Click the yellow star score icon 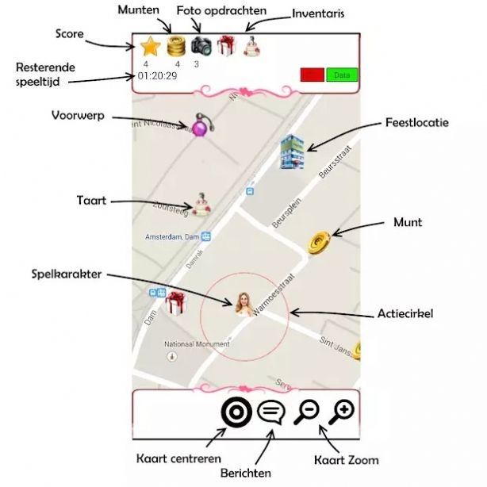pos(150,46)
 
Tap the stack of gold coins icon pos(176,46)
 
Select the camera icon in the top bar pos(201,46)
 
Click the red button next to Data pos(313,75)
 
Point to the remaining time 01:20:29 pos(156,76)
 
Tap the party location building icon pos(292,151)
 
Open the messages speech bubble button pos(270,412)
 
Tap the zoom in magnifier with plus pos(343,411)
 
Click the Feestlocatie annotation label pos(416,124)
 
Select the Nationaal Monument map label pos(196,344)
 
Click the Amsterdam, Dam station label pos(172,236)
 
